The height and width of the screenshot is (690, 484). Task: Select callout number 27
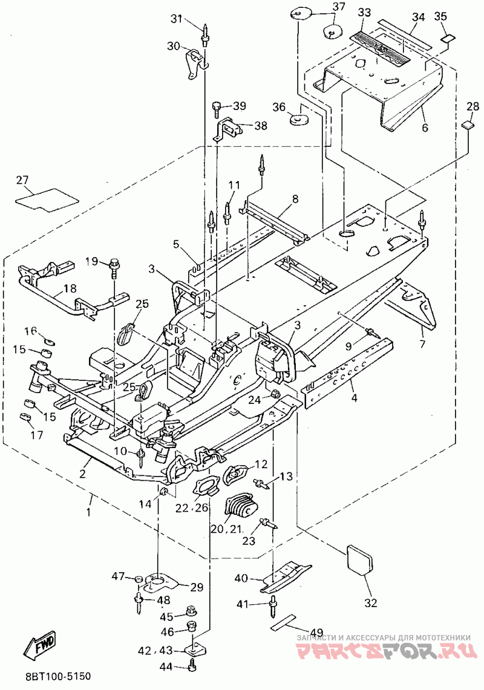pyautogui.click(x=22, y=180)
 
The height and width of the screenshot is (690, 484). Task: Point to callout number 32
pyautogui.click(x=371, y=602)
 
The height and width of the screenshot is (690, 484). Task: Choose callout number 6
pyautogui.click(x=425, y=128)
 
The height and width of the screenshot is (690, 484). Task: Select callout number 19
pyautogui.click(x=91, y=261)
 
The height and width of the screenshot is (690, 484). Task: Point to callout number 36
pyautogui.click(x=279, y=107)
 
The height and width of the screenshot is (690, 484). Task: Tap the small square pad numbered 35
pyautogui.click(x=447, y=39)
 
